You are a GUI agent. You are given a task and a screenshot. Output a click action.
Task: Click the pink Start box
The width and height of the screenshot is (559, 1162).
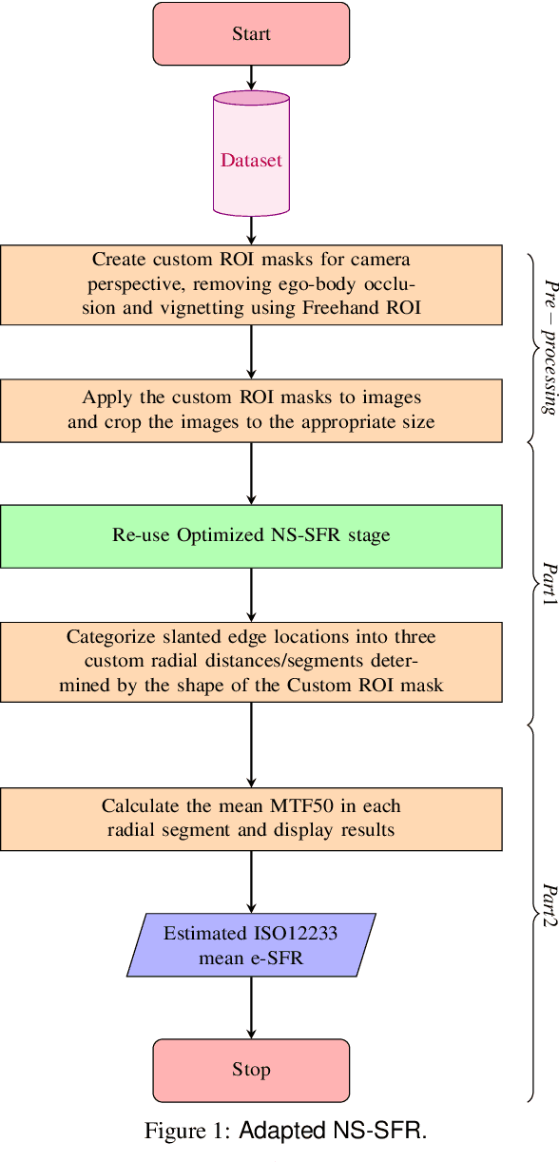coord(251,34)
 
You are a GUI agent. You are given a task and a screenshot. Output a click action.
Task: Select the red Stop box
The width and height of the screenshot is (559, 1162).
coord(251,1070)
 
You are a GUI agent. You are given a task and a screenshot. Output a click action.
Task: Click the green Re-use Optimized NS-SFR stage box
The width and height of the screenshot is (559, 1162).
coord(251,535)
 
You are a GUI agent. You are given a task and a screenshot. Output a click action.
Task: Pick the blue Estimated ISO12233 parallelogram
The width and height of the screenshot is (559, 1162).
coord(251,945)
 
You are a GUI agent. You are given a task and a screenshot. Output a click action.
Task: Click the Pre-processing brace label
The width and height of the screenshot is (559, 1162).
coord(549,347)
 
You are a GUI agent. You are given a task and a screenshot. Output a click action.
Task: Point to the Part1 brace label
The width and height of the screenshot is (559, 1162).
coord(549,586)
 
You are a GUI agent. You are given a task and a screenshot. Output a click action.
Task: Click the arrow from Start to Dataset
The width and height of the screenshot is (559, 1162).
coord(251,78)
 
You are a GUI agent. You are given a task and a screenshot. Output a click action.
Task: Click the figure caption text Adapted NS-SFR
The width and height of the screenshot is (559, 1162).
coord(333,1131)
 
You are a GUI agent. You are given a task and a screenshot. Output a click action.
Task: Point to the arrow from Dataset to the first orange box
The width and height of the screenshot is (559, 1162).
coord(251,230)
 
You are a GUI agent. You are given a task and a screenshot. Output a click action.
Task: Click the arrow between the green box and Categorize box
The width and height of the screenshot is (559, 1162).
coord(251,595)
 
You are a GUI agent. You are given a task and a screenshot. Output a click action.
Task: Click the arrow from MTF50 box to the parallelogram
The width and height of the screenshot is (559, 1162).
coord(251,881)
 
